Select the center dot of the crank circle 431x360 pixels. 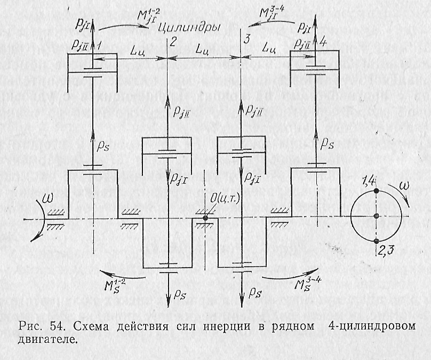pyautogui.click(x=376, y=216)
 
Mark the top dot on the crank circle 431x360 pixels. pyautogui.click(x=376, y=190)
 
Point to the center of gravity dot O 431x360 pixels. pyautogui.click(x=205, y=218)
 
